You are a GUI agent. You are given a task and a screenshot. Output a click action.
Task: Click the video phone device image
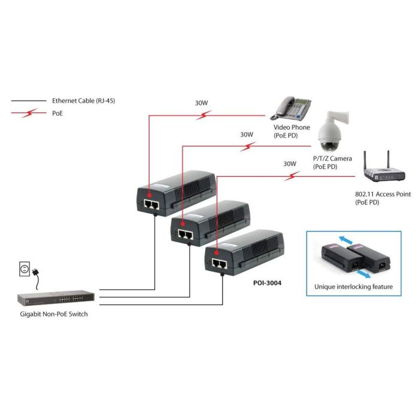pyautogui.click(x=293, y=108)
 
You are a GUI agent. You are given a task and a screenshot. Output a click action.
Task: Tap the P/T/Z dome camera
pyautogui.click(x=329, y=132)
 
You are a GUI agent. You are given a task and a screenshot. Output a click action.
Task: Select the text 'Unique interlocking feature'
pyautogui.click(x=353, y=287)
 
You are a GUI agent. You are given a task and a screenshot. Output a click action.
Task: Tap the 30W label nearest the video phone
pyautogui.click(x=201, y=103)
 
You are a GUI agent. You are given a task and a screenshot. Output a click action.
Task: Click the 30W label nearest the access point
pyautogui.click(x=290, y=163)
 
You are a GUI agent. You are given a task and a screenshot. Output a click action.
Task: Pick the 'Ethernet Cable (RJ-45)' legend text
pyautogui.click(x=83, y=101)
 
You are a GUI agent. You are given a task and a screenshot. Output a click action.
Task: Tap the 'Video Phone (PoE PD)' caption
pyautogui.click(x=292, y=131)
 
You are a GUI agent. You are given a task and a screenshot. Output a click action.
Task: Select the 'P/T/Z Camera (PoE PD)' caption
pyautogui.click(x=332, y=162)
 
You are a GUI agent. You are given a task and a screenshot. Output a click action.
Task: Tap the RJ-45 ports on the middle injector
pyautogui.click(x=185, y=234)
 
